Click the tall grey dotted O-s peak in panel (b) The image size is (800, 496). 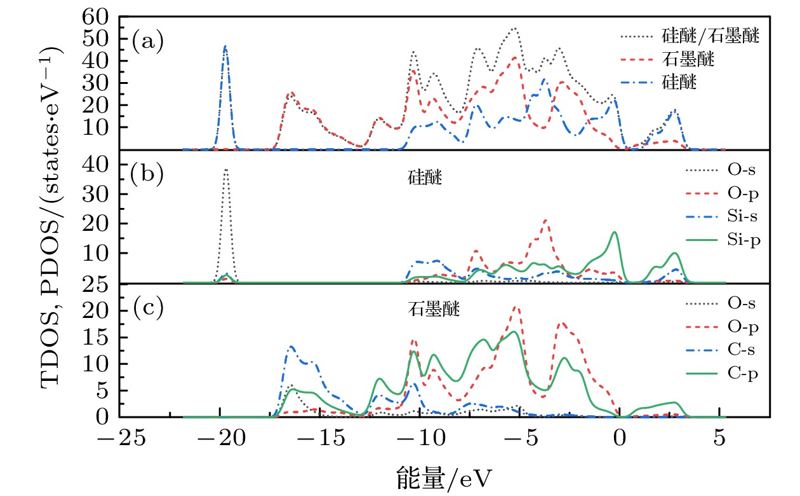(225, 172)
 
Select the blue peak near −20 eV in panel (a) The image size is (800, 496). (225, 48)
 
